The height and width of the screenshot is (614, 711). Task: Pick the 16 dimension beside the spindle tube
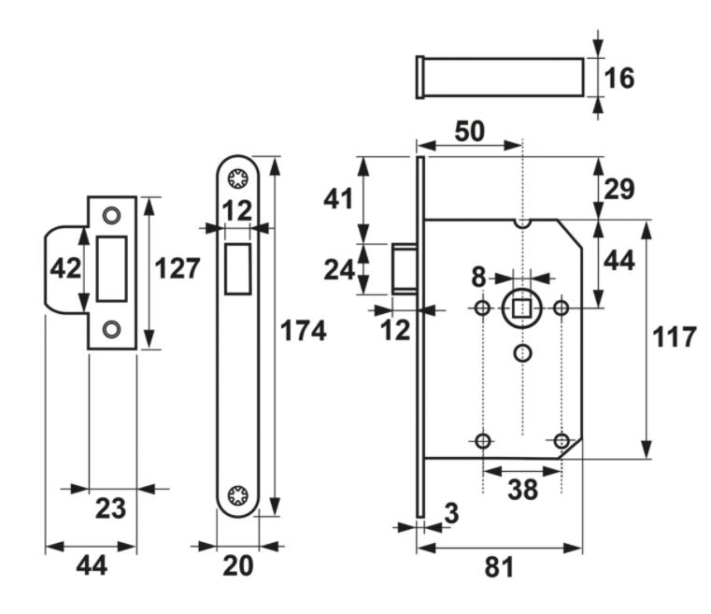pyautogui.click(x=619, y=79)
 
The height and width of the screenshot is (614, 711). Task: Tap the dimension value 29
pyautogui.click(x=619, y=189)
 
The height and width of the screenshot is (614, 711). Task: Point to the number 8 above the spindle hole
pyautogui.click(x=479, y=278)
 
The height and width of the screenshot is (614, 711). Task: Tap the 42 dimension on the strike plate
pyautogui.click(x=64, y=269)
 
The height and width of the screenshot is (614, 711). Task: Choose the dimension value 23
pyautogui.click(x=111, y=509)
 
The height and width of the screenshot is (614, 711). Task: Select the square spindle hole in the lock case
pyautogui.click(x=521, y=307)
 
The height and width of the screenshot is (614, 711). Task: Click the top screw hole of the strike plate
pyautogui.click(x=112, y=215)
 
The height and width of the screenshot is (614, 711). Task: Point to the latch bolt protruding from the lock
pyautogui.click(x=404, y=269)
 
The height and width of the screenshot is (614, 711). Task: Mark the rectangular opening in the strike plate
pyautogui.click(x=112, y=269)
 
